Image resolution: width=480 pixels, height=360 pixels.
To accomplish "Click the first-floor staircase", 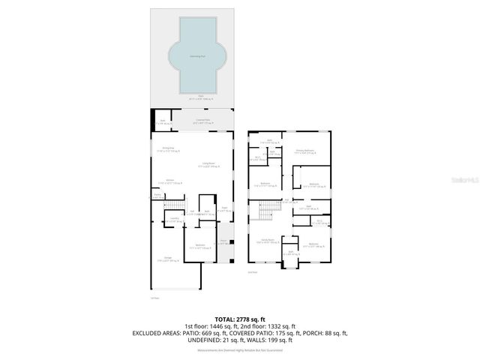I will (174, 206).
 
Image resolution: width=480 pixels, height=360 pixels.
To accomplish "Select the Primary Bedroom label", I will (304, 151).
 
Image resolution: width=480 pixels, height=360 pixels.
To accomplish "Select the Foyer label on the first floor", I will (223, 210).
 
